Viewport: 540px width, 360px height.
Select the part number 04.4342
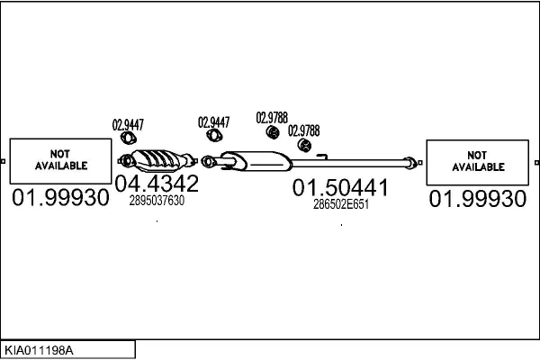point(157,184)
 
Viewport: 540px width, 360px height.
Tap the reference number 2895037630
point(157,201)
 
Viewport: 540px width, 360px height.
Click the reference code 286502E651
point(341,204)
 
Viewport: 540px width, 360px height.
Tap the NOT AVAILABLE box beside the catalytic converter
point(61,160)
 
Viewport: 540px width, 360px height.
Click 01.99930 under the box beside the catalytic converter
point(61,198)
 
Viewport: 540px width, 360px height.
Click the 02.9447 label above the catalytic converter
point(128,125)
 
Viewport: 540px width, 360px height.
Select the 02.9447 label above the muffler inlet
point(214,122)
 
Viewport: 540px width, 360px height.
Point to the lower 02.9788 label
point(304,130)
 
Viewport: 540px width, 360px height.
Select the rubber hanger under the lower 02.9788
point(305,146)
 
